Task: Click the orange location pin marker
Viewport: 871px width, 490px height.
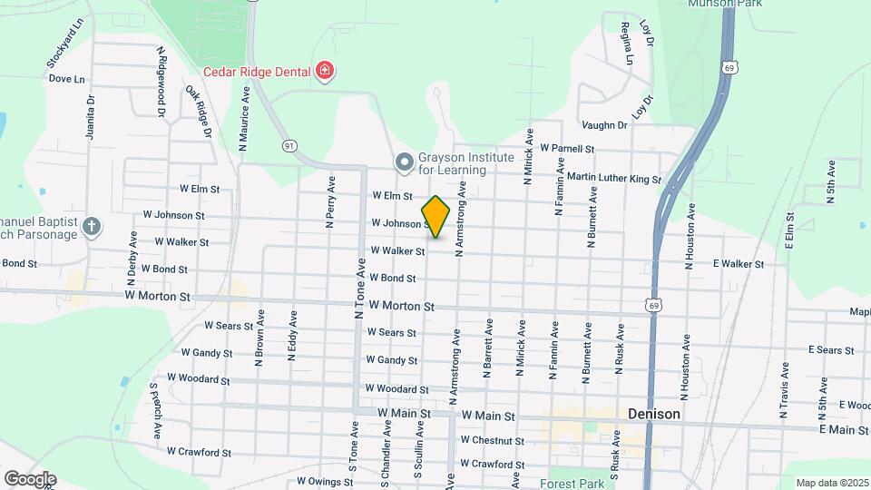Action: [435, 217]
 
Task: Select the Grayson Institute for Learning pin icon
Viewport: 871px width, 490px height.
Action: [404, 162]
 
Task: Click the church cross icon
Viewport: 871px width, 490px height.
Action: [91, 227]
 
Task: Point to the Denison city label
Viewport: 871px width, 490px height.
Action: [654, 414]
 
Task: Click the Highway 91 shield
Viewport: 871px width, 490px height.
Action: [289, 145]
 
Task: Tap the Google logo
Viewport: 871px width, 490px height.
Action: [29, 478]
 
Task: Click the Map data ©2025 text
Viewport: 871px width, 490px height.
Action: [830, 483]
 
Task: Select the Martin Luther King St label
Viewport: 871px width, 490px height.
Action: [614, 179]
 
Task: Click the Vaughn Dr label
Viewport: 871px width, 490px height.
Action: [605, 125]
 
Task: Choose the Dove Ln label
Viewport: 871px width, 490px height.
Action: [66, 79]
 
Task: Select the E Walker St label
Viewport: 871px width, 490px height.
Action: [738, 264]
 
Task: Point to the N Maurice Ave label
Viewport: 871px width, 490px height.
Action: [244, 118]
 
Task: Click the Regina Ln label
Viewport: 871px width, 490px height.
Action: [626, 44]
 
